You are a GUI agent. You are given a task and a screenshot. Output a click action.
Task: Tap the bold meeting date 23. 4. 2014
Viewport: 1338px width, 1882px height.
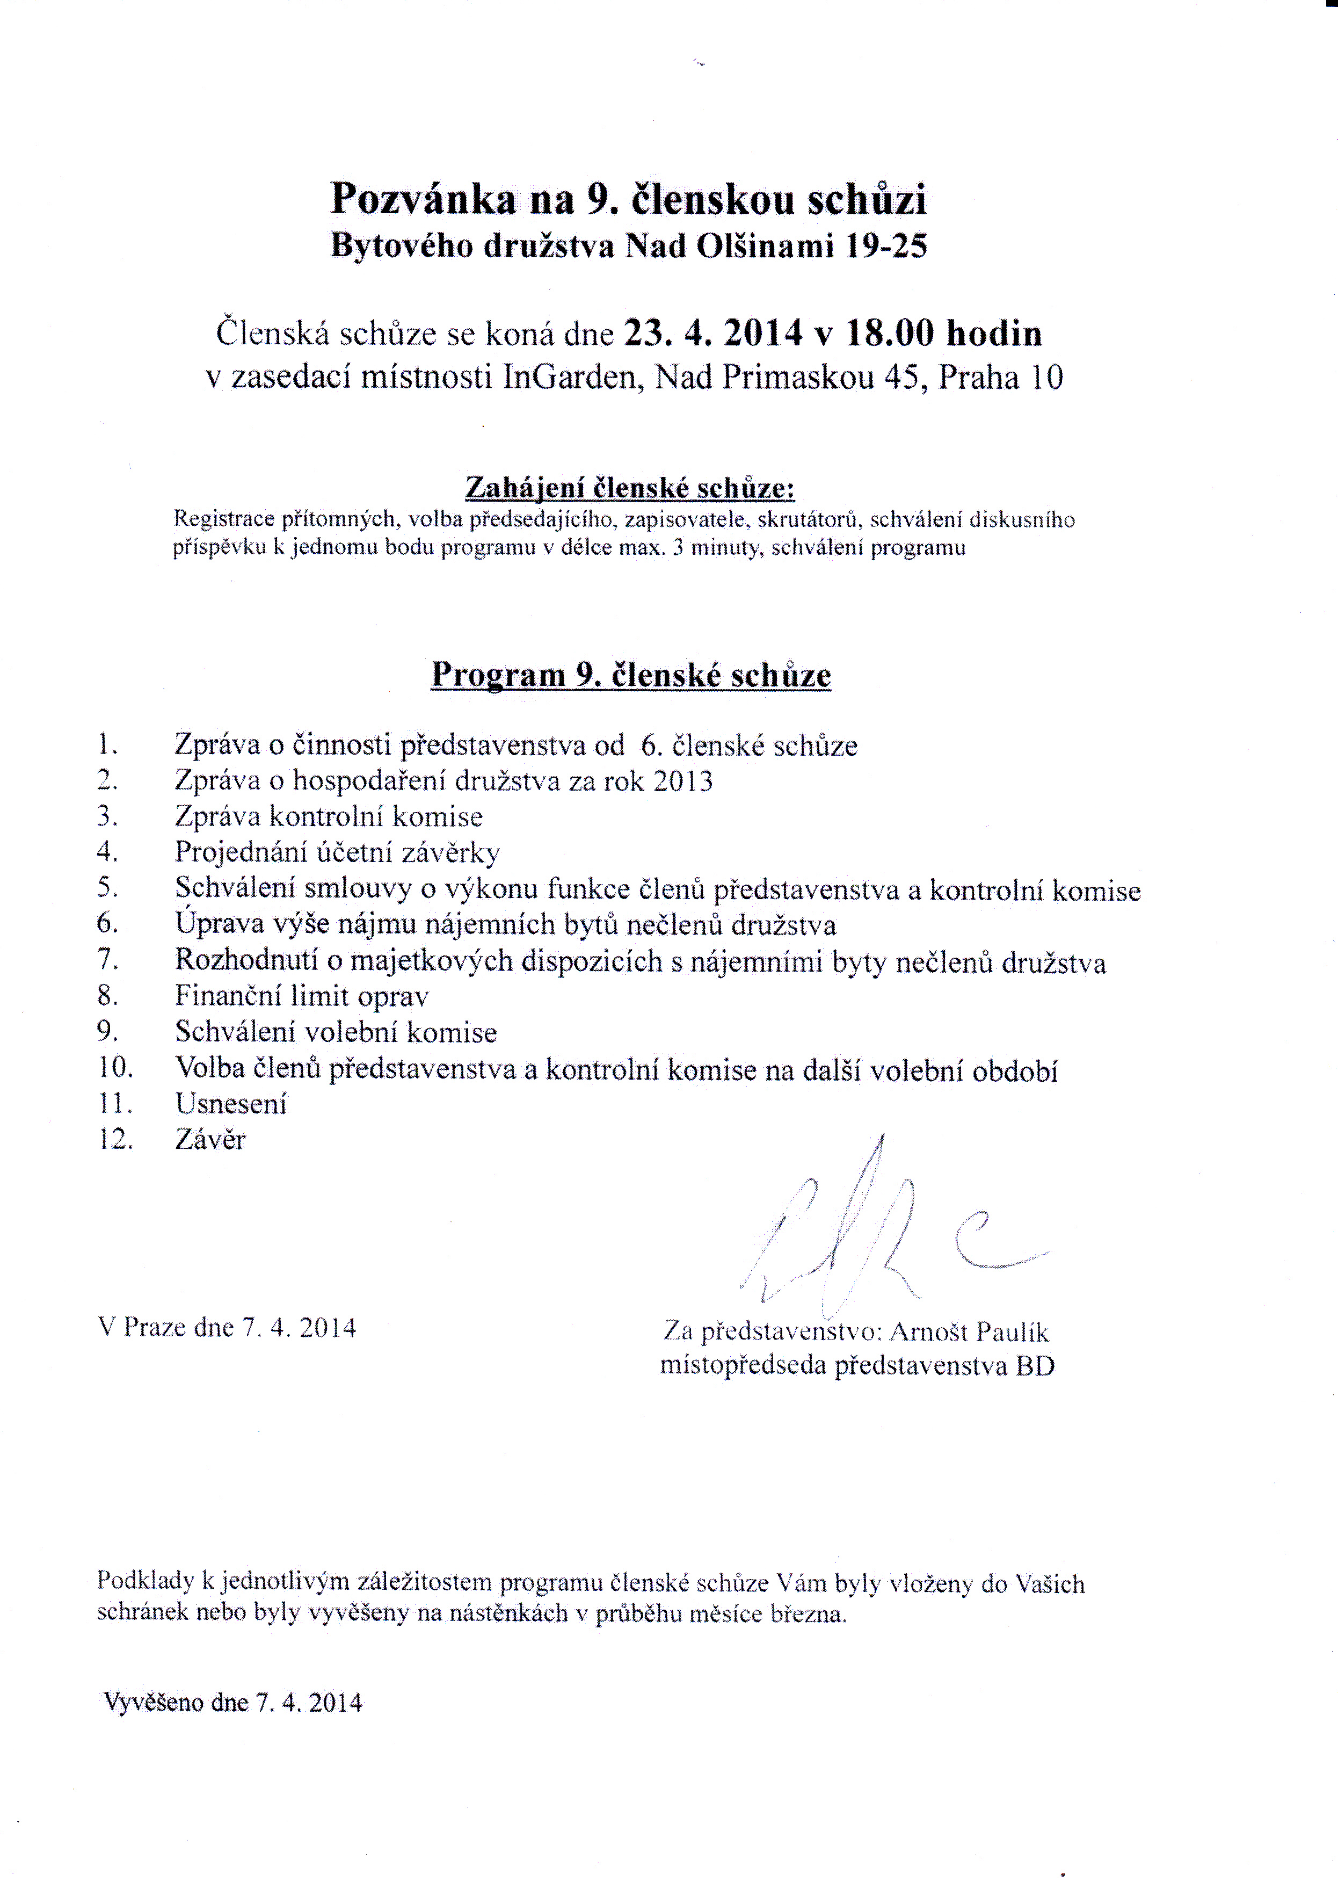pos(714,334)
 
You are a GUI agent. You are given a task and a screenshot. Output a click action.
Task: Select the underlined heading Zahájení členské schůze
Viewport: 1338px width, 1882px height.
pos(629,488)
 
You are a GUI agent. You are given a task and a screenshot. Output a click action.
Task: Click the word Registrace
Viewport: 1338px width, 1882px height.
pos(223,519)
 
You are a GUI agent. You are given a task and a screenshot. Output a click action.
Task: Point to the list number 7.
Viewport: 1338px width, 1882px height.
pos(107,960)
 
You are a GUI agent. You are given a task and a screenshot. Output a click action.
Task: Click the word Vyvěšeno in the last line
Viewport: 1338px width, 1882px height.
pos(152,1703)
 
